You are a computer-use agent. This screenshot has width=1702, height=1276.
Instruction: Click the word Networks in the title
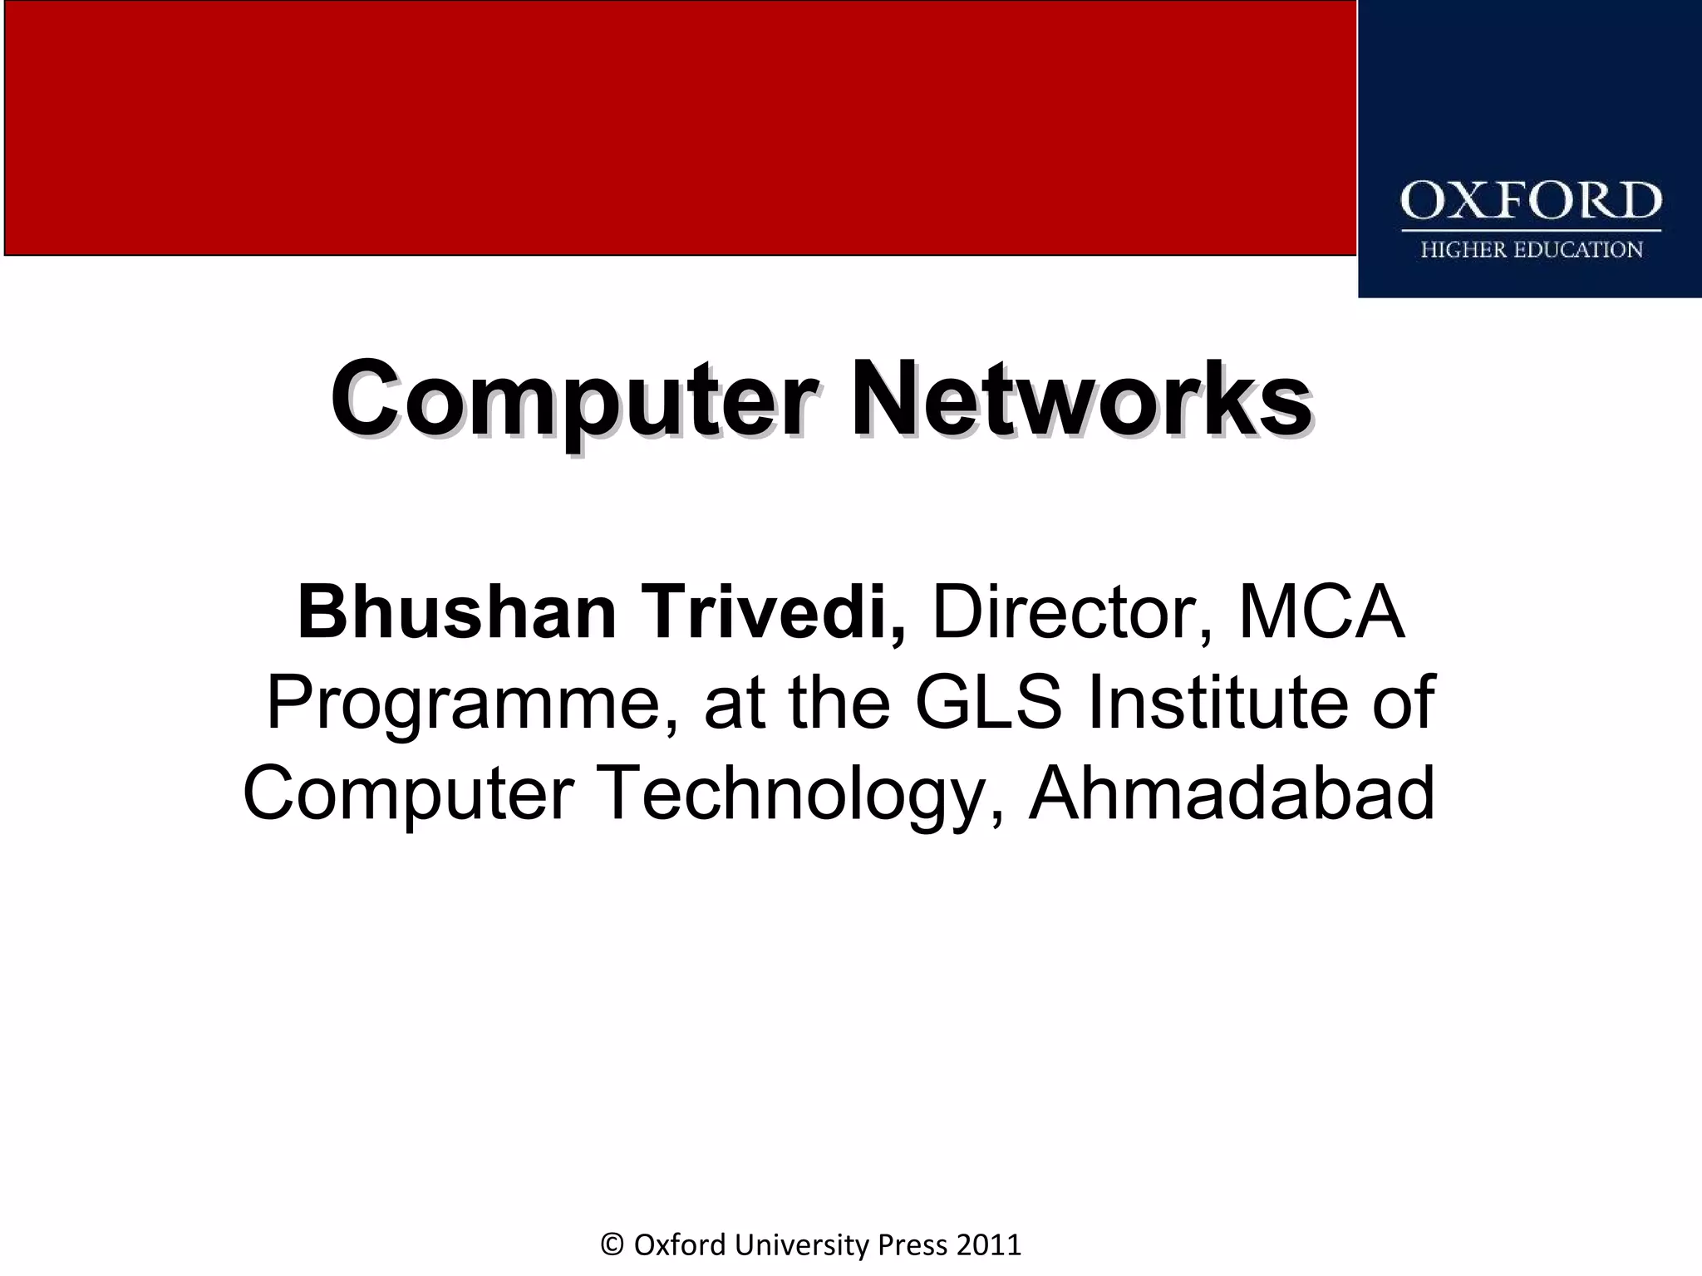(1080, 401)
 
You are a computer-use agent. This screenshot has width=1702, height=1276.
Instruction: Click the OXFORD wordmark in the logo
(1531, 202)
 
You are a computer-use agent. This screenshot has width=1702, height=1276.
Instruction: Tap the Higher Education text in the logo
(1531, 250)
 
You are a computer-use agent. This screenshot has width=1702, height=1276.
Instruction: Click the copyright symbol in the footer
(612, 1245)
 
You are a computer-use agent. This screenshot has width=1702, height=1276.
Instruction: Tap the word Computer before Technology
(409, 796)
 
